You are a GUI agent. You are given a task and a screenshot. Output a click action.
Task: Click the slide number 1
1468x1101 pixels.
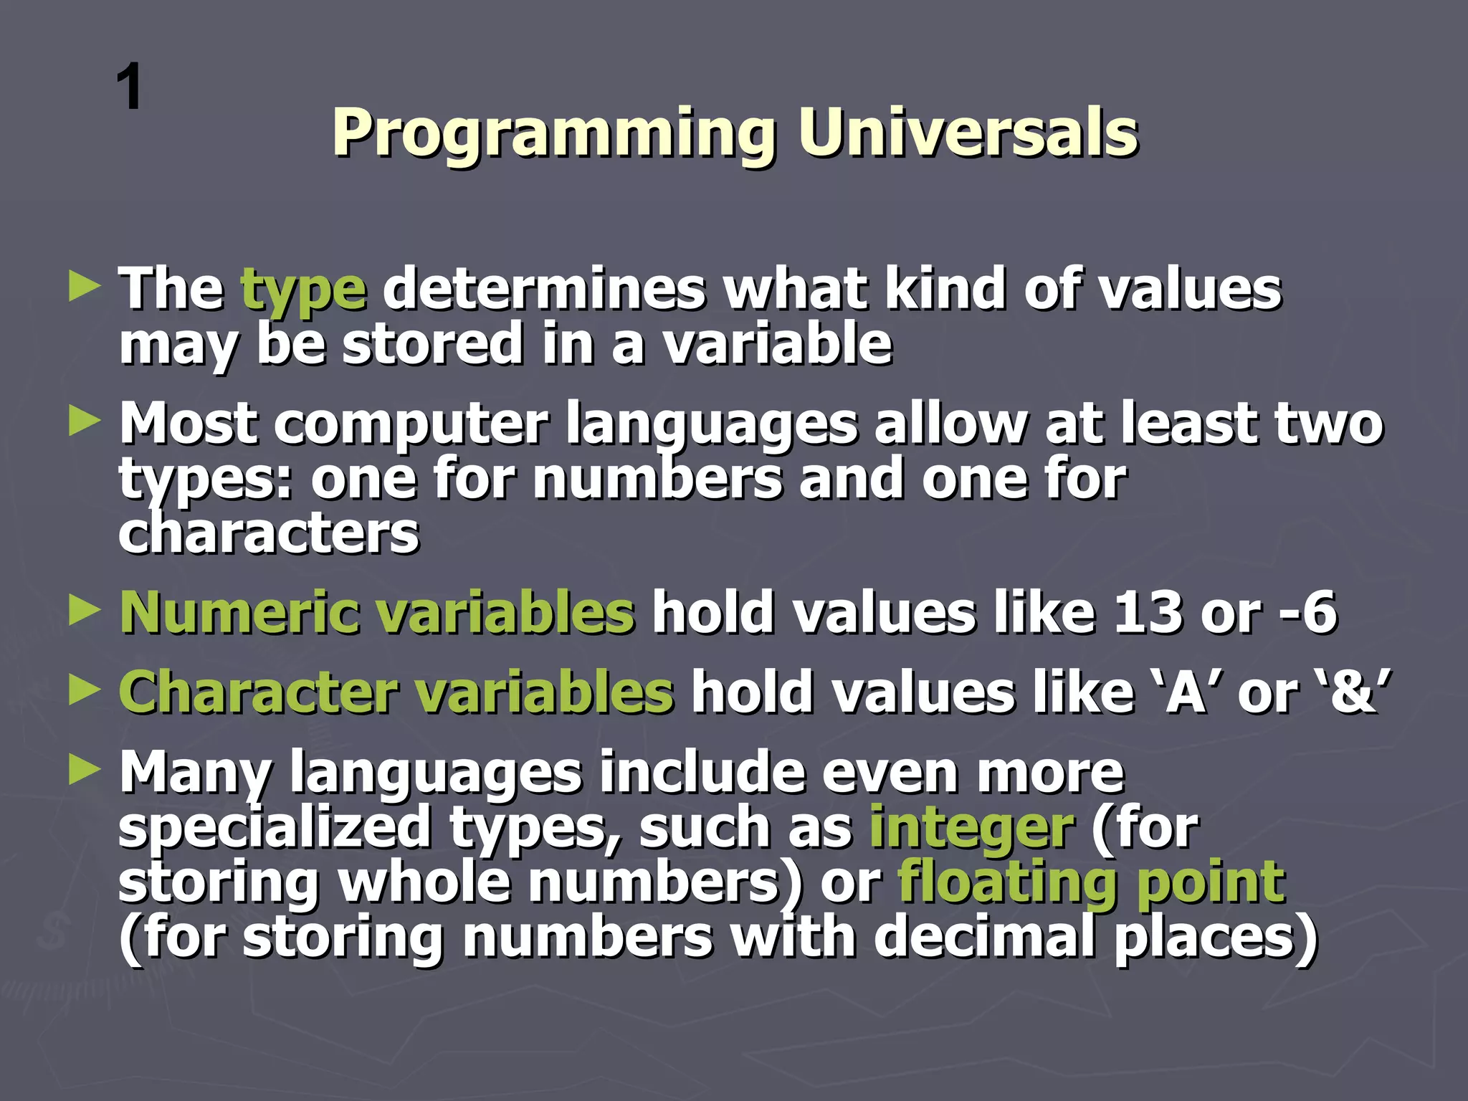point(130,87)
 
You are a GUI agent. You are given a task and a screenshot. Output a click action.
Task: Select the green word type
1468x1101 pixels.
point(304,290)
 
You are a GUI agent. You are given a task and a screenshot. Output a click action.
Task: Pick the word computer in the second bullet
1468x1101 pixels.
point(411,424)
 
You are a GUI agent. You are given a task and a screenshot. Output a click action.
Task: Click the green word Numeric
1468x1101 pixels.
point(239,613)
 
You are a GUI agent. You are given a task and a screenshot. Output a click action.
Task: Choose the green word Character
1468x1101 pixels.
point(258,692)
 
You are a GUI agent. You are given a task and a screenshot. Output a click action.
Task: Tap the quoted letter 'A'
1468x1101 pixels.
point(1186,692)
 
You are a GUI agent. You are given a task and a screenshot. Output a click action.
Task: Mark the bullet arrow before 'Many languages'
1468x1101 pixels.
point(85,771)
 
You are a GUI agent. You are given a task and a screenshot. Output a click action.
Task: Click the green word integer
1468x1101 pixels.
point(971,828)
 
